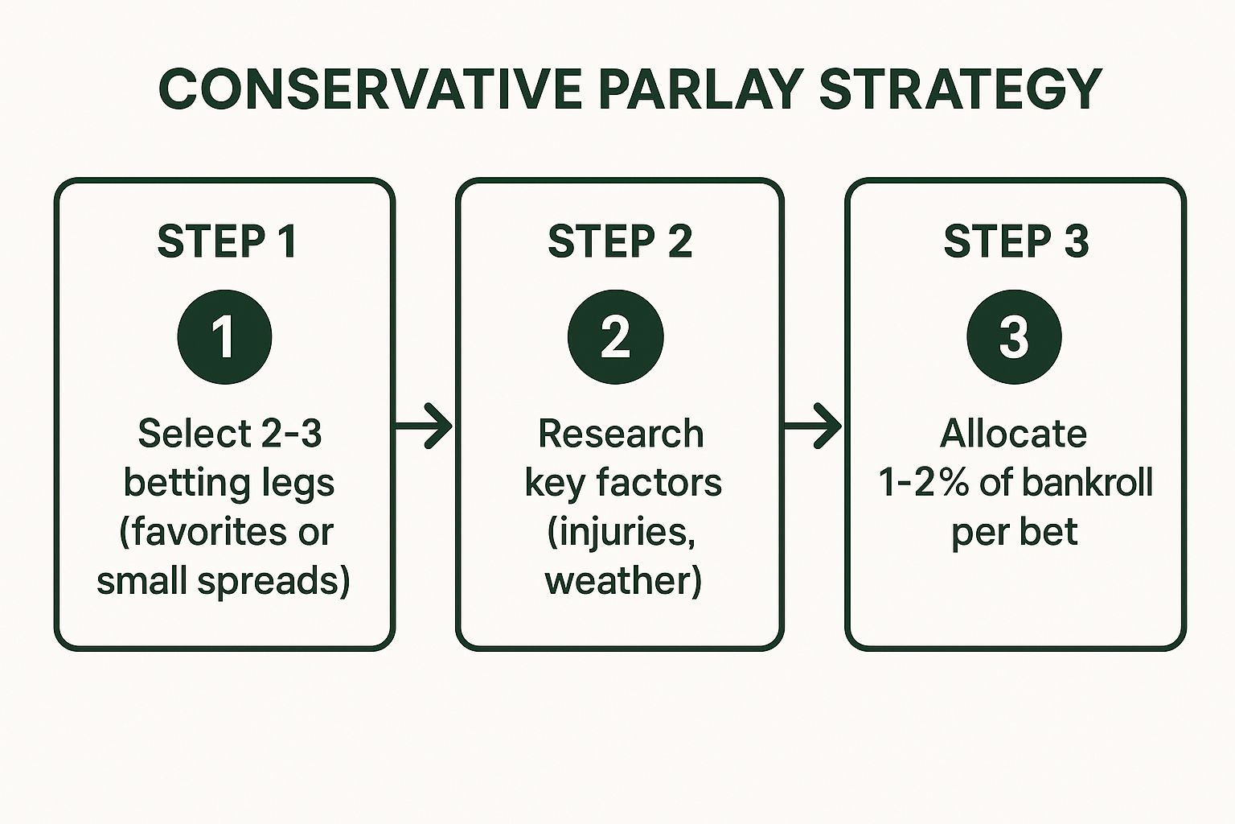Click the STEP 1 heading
[227, 241]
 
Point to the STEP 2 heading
[620, 241]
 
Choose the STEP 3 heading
[1015, 241]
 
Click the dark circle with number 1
[224, 336]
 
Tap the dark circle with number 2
[616, 336]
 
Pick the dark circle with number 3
[1014, 336]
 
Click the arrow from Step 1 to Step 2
[424, 426]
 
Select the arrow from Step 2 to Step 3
[813, 426]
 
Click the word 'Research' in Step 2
[621, 434]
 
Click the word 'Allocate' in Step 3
[1013, 434]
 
